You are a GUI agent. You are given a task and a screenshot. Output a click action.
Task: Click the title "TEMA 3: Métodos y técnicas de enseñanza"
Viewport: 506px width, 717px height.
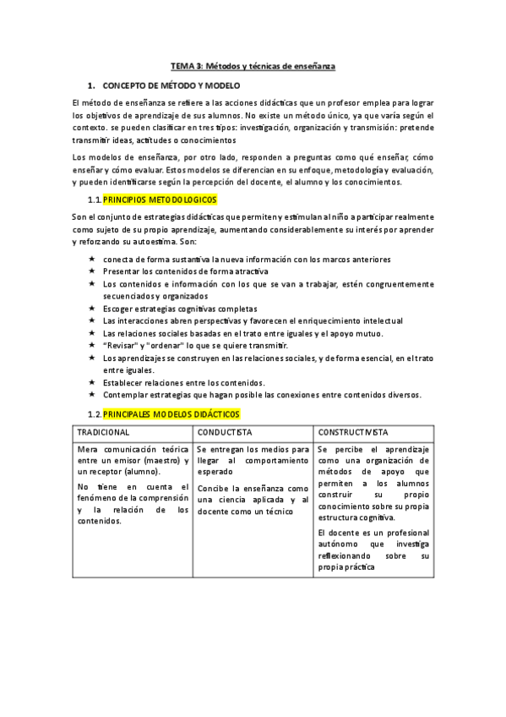[253, 65]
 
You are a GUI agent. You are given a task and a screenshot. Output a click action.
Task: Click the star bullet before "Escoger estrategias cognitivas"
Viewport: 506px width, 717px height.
[91, 309]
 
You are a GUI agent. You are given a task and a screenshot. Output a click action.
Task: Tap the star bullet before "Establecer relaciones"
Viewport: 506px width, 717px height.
[91, 382]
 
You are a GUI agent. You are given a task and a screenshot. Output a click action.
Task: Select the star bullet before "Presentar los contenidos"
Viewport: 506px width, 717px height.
[91, 271]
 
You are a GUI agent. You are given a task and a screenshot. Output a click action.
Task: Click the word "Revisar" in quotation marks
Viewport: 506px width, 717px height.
[120, 346]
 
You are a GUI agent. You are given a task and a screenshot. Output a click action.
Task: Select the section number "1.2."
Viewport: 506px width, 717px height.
[95, 414]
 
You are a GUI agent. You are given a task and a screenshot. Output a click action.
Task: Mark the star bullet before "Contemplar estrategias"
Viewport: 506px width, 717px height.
[91, 395]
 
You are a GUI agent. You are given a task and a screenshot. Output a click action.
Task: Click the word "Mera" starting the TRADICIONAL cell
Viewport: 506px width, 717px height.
[87, 447]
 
